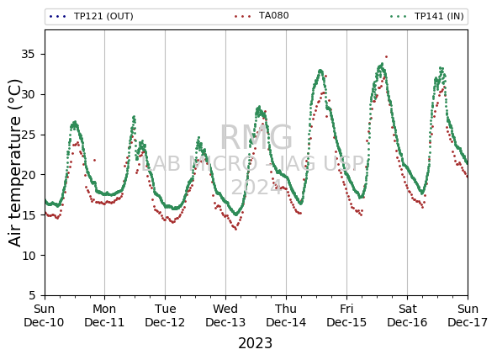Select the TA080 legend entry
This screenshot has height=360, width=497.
262,15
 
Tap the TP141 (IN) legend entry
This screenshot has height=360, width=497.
427,16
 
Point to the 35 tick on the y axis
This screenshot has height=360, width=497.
28,54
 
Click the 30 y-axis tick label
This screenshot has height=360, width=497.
28,94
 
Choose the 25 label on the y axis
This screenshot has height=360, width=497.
28,135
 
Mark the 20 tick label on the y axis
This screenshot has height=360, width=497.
28,175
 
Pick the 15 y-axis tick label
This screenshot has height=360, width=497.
28,214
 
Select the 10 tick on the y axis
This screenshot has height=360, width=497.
28,255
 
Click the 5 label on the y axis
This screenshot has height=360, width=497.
32,295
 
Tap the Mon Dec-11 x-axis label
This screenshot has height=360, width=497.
104,315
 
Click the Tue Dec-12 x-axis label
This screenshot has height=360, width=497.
165,315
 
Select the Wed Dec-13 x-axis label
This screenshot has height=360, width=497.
225,315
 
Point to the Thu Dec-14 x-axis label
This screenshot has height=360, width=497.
286,315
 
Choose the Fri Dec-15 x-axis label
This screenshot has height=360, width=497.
346,315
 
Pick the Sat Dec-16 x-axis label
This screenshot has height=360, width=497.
407,315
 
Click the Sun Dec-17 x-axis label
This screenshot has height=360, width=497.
468,315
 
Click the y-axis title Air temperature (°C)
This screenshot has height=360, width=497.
14,163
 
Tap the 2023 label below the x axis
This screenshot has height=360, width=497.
255,343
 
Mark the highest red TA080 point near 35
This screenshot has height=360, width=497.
386,57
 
